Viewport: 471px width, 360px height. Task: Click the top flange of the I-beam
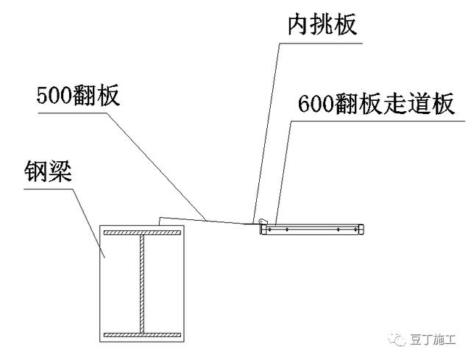(142, 233)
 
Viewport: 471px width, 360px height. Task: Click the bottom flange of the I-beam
(142, 335)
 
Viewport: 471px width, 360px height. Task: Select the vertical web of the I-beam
(142, 284)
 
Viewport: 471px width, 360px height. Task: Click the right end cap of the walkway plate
(361, 230)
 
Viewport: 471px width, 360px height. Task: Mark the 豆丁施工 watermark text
(435, 339)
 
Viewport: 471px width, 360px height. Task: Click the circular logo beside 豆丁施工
(400, 339)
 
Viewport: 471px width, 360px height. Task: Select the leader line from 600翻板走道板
(283, 169)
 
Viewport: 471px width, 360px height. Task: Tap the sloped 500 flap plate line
(206, 219)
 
